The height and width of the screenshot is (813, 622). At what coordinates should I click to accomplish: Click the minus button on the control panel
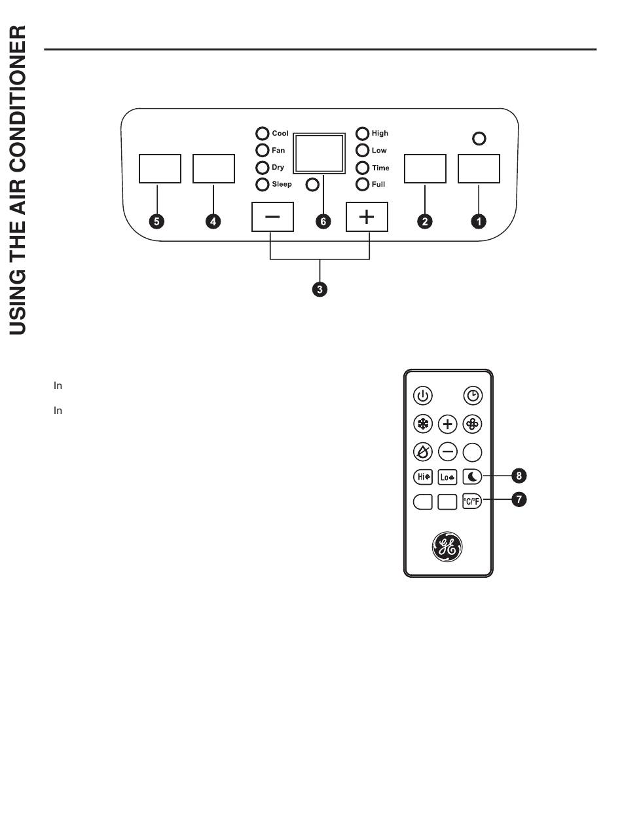click(272, 217)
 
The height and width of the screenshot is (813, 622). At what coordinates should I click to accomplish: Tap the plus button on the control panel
click(367, 217)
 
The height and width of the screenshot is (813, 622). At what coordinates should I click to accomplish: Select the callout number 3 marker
click(320, 288)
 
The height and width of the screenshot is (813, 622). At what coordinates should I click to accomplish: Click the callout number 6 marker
click(323, 221)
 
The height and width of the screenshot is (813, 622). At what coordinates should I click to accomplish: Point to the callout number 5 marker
click(156, 221)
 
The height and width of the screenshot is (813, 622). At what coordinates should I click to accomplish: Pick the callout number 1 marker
click(479, 221)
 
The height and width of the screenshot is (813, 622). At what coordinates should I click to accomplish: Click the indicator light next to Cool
click(262, 134)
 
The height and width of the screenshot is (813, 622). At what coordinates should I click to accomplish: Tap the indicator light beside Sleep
click(262, 185)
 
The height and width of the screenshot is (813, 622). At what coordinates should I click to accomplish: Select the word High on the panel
click(380, 134)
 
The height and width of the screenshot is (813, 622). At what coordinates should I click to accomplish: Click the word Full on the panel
click(378, 185)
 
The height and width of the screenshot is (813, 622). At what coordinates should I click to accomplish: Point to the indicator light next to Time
click(362, 168)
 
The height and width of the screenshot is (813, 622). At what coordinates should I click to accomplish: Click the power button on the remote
click(423, 396)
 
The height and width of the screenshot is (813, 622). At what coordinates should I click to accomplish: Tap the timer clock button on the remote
click(472, 396)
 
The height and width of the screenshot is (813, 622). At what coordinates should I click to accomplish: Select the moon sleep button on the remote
click(472, 477)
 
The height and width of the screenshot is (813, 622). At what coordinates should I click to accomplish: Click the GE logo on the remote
click(447, 547)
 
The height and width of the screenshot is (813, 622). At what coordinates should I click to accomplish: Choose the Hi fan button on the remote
click(423, 477)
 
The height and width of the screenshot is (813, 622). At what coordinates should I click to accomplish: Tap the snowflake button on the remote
click(423, 425)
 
